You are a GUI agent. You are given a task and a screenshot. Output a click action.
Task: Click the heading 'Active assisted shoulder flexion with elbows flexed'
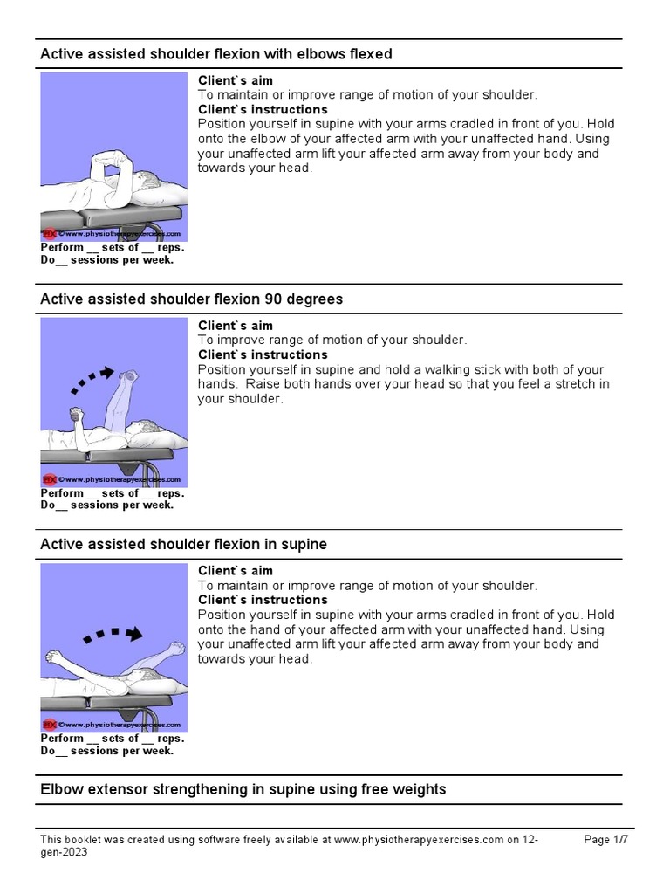point(216,54)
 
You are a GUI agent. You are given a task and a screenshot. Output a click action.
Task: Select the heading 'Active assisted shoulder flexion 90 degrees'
point(191,299)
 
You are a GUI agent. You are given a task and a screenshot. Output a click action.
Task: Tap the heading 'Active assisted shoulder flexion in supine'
point(183,545)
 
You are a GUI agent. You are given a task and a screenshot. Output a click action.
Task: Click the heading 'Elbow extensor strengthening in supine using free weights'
point(243,789)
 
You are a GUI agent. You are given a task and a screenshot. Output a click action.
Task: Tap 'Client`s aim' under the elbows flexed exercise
point(235,81)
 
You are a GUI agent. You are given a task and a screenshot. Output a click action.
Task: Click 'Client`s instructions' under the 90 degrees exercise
point(263,355)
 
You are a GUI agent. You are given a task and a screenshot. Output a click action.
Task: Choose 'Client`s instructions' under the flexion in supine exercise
point(263,601)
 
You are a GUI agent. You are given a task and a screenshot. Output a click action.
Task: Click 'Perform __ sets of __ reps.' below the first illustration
point(113,248)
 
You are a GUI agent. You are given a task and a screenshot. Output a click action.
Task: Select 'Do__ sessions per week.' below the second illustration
point(107,505)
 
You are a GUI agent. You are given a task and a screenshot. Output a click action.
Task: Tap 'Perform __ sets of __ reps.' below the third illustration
point(113,739)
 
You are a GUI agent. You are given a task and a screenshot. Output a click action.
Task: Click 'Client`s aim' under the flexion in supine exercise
point(235,571)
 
